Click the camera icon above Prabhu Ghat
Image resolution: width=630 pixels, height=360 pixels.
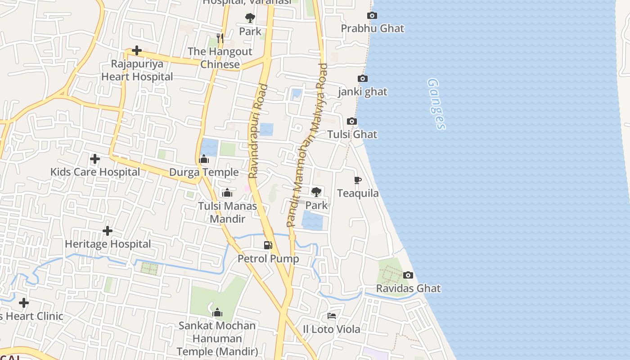pyautogui.click(x=372, y=16)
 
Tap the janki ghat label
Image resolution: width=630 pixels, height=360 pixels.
pyautogui.click(x=363, y=92)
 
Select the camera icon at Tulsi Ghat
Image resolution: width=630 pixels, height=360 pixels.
pyautogui.click(x=352, y=121)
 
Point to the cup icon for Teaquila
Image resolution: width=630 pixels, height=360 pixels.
pyautogui.click(x=358, y=180)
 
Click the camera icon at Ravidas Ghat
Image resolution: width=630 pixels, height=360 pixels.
pyautogui.click(x=408, y=275)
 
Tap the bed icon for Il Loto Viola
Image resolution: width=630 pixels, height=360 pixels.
pyautogui.click(x=332, y=316)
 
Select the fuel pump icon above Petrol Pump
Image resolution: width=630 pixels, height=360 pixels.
pyautogui.click(x=268, y=245)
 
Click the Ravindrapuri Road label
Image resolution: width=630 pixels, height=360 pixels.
pyautogui.click(x=258, y=131)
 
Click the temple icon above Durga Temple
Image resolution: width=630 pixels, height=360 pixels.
pyautogui.click(x=204, y=159)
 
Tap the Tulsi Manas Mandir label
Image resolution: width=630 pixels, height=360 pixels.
pyautogui.click(x=228, y=212)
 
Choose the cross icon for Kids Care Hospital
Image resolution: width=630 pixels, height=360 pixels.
pyautogui.click(x=95, y=159)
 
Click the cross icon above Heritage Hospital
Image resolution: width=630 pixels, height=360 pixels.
pyautogui.click(x=108, y=231)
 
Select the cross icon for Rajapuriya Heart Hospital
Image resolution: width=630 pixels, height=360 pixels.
pyautogui.click(x=137, y=50)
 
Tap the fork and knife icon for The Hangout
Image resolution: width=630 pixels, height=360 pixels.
pyautogui.click(x=220, y=38)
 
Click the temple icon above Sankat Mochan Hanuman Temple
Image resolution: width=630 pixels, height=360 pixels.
pyautogui.click(x=217, y=312)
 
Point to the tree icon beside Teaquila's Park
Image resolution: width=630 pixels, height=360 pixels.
pyautogui.click(x=316, y=192)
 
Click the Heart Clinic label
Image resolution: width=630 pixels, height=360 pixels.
pyautogui.click(x=31, y=316)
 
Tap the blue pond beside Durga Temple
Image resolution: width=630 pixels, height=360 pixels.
pyautogui.click(x=210, y=147)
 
